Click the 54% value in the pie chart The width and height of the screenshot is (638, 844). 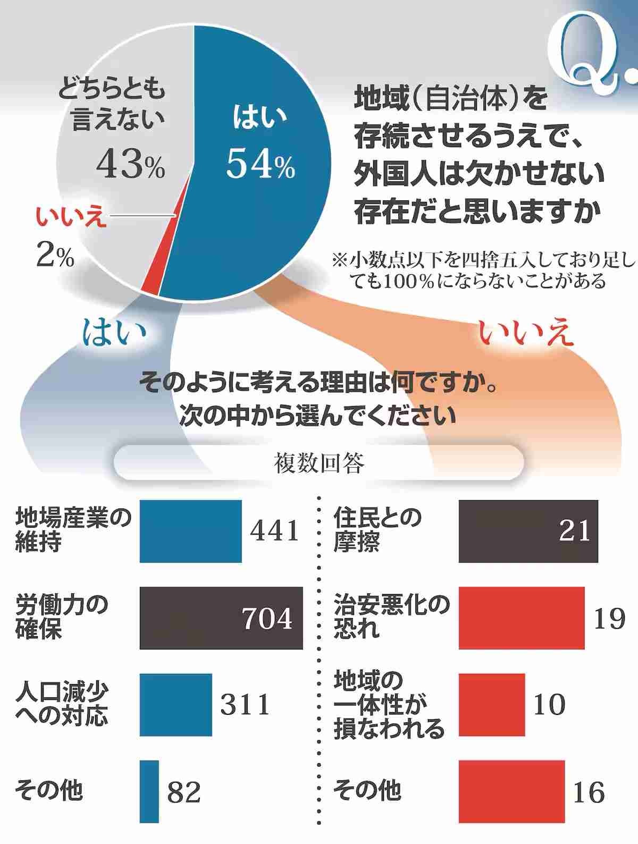260,164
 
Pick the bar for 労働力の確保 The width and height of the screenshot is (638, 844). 221,618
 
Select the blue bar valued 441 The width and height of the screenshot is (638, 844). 190,531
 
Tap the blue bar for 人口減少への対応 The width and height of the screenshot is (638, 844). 175,705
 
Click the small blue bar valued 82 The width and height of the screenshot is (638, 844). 149,791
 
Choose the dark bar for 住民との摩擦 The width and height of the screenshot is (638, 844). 528,531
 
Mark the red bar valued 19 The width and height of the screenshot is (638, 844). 522,618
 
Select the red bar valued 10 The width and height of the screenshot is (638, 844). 492,705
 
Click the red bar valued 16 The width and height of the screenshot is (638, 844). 511,791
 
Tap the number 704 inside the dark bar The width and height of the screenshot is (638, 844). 267,618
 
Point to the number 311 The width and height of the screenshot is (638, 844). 245,705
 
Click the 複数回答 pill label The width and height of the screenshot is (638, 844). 319,463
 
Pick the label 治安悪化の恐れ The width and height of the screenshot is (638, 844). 391,617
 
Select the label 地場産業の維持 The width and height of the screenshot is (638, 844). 73,530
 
